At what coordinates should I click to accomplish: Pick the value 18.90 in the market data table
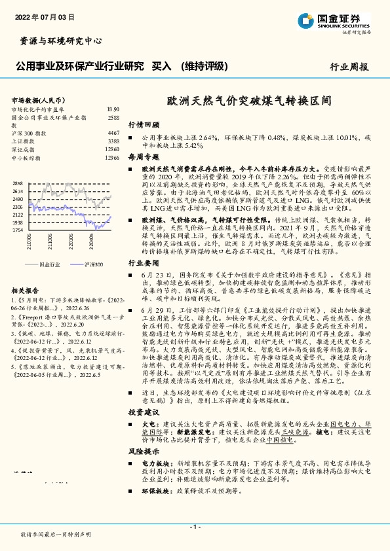click(x=113, y=109)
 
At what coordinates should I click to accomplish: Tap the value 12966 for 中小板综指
click(x=111, y=158)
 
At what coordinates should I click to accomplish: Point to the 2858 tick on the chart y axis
click(x=18, y=183)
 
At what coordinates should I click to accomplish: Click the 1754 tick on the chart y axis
click(x=18, y=230)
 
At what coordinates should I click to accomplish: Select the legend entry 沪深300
click(x=94, y=264)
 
